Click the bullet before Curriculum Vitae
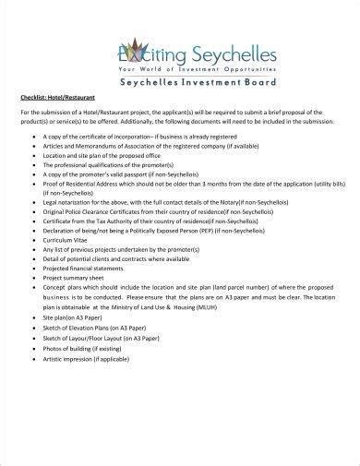[x=33, y=241]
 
